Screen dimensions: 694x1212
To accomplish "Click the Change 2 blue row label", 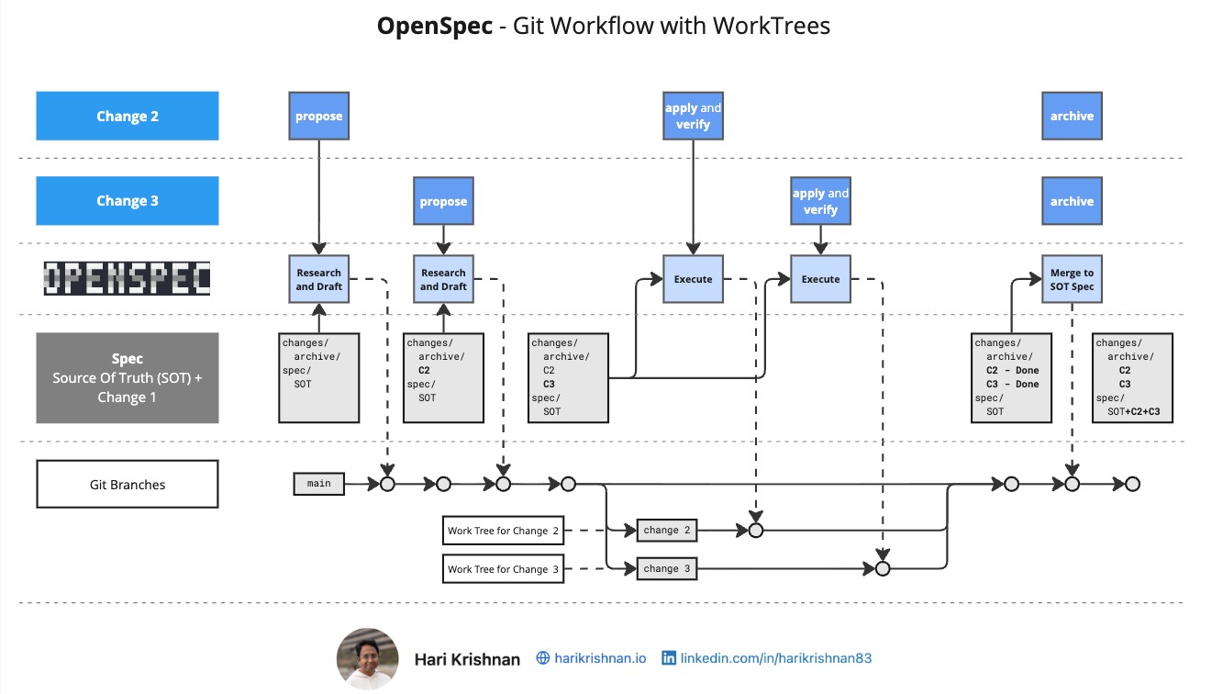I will click(128, 117).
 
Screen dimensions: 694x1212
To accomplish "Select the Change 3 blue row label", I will click(128, 201).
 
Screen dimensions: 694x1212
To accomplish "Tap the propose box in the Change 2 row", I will click(318, 117).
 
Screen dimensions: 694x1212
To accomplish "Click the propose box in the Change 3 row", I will click(443, 202).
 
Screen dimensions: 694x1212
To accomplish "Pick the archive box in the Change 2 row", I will click(1072, 117).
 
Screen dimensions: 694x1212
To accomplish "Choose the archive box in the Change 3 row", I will click(1072, 202).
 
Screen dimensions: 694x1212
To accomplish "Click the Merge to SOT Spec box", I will click(1072, 279).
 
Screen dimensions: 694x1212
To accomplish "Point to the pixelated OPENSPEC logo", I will click(128, 278).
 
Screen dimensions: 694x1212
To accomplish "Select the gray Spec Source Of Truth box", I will click(128, 377).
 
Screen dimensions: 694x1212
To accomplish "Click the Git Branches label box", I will click(128, 484).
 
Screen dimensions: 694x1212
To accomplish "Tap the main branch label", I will click(318, 483).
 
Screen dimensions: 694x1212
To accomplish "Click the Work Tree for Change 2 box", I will click(504, 531).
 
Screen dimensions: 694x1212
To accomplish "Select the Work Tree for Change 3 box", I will click(504, 569).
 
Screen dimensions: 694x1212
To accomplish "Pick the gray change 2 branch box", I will click(667, 531).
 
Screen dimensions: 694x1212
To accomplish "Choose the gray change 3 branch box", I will click(667, 569).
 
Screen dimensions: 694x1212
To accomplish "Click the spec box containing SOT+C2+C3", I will click(1133, 377).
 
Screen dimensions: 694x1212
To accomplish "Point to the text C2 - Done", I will click(1012, 371).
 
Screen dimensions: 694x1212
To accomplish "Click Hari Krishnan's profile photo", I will click(368, 658).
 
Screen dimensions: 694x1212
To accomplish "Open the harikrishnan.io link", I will click(600, 658).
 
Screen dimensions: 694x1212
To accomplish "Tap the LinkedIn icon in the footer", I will click(669, 658).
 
